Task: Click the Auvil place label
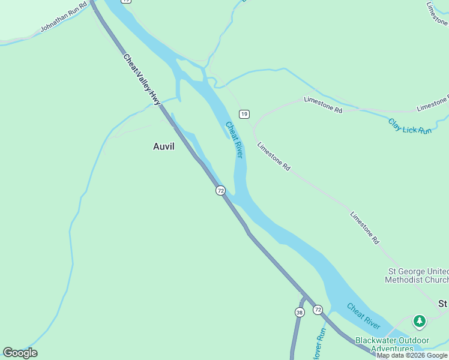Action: [x=164, y=146]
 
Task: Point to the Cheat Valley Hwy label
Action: [x=143, y=80]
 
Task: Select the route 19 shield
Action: [x=244, y=113]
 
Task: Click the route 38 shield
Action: [x=299, y=312]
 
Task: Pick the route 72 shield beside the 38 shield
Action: [x=318, y=310]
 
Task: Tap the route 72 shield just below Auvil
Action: [x=220, y=190]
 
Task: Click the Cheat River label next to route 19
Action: [x=234, y=140]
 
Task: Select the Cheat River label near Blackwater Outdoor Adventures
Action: [x=363, y=316]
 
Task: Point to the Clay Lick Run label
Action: [x=410, y=126]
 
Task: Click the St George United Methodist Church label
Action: [x=416, y=275]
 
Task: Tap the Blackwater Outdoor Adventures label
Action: [x=392, y=344]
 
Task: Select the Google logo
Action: [x=20, y=353]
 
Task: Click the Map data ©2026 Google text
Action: [x=412, y=355]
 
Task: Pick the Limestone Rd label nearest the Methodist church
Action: [x=364, y=227]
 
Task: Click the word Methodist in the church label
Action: [x=406, y=280]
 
